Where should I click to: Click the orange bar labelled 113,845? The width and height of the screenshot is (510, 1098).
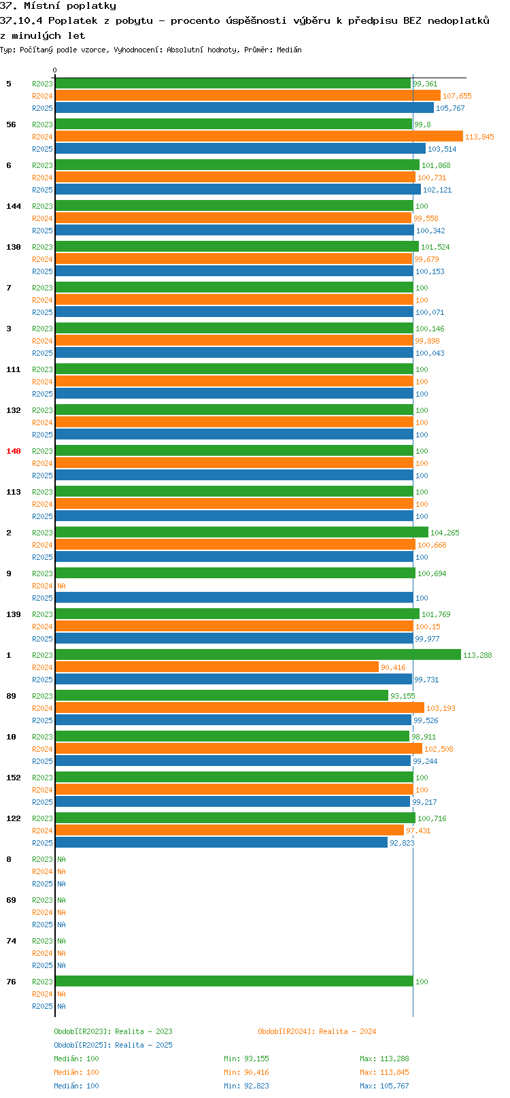[x=259, y=136]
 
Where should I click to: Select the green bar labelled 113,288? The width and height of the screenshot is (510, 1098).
[x=258, y=654]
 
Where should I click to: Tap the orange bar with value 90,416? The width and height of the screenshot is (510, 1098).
[x=217, y=667]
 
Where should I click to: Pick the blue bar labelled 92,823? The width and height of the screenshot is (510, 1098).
[x=222, y=842]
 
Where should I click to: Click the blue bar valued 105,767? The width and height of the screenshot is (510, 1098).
[x=245, y=107]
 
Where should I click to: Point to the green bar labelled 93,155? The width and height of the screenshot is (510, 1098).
[x=222, y=695]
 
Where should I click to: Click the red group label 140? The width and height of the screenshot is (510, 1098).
[x=14, y=451]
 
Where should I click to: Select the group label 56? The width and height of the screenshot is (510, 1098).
[x=12, y=124]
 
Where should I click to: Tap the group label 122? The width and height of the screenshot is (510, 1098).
[x=14, y=818]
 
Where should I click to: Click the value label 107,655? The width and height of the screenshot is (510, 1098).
[x=457, y=96]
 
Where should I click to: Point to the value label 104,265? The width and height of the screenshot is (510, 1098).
[x=445, y=533]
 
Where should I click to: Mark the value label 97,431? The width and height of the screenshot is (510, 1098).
[x=418, y=831]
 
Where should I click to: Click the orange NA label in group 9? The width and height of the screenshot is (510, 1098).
[x=61, y=586]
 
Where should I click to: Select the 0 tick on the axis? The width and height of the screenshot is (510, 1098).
[x=54, y=70]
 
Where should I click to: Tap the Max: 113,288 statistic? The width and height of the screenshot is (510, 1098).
[x=385, y=1059]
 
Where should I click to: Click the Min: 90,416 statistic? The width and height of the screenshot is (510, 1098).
[x=246, y=1073]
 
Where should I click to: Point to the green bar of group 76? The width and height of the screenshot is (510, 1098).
[x=234, y=981]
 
